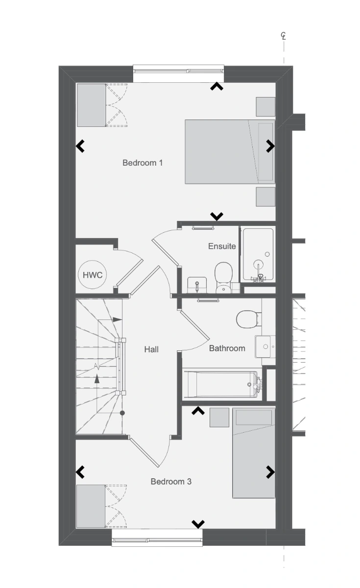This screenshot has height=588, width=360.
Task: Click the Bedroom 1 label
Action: pyautogui.click(x=143, y=163)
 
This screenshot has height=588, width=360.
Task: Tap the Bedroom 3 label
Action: pyautogui.click(x=171, y=481)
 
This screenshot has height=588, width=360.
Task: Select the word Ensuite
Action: pyautogui.click(x=222, y=246)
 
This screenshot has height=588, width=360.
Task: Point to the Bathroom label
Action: pyautogui.click(x=227, y=348)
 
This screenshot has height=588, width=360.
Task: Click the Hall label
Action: pyautogui.click(x=151, y=349)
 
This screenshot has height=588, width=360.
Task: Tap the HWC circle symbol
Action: pyautogui.click(x=93, y=275)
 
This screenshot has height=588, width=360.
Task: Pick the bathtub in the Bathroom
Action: pyautogui.click(x=222, y=384)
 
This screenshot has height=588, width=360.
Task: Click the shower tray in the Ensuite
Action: pyautogui.click(x=258, y=255)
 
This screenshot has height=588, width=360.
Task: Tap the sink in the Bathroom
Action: pyautogui.click(x=264, y=346)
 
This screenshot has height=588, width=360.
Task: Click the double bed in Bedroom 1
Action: pyautogui.click(x=230, y=152)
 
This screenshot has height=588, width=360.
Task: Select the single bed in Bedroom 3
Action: pyautogui.click(x=254, y=453)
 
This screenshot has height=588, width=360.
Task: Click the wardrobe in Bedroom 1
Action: pyautogui.click(x=91, y=105)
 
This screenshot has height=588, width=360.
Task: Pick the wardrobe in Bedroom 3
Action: pyautogui.click(x=91, y=506)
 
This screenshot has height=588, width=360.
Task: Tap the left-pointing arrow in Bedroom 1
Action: pyautogui.click(x=80, y=146)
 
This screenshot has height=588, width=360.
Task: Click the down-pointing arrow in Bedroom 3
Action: pyautogui.click(x=198, y=524)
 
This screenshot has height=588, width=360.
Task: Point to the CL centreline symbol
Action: pyautogui.click(x=284, y=36)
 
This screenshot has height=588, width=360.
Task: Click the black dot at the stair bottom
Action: pyautogui.click(x=122, y=413)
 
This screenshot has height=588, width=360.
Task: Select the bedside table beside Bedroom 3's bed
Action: pyautogui.click(x=219, y=417)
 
